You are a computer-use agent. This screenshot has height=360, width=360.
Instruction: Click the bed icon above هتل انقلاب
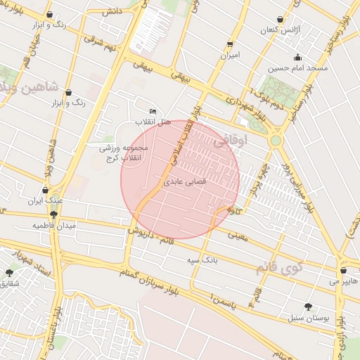coord(153,111)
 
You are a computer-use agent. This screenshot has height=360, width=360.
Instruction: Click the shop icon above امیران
coord(230,42)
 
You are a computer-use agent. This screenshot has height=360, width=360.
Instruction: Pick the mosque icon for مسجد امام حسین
coord(297,57)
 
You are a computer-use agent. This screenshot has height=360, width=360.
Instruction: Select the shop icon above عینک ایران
coord(46,189)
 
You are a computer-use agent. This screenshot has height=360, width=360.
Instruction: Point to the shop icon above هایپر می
coord(342,270)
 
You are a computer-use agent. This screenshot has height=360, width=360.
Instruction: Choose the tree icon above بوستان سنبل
coord(308,306)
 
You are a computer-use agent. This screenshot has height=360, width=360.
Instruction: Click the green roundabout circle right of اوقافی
coord(276,140)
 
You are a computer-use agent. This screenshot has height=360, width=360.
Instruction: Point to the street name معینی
coord(239,237)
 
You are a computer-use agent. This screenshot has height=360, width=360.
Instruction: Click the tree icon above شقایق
coord(8,272)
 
